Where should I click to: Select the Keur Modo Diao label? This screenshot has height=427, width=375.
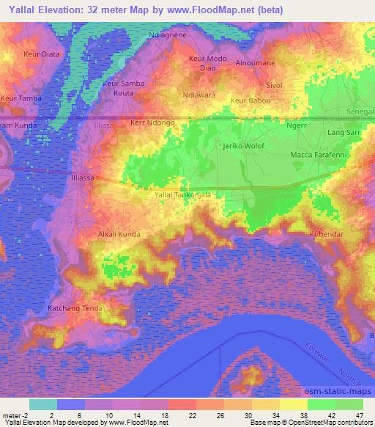(x=207, y=63)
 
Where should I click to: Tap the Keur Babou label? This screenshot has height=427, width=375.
(x=250, y=101)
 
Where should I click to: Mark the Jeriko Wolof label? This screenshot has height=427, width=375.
(x=244, y=146)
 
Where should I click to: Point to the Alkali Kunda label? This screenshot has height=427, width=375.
(x=119, y=235)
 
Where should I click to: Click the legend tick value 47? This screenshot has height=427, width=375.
(x=359, y=416)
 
